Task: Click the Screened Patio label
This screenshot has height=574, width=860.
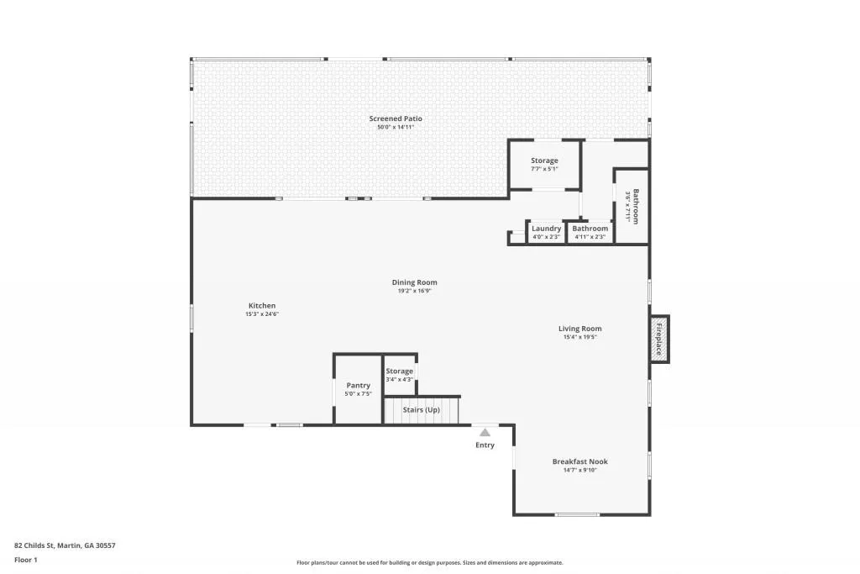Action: tap(396, 118)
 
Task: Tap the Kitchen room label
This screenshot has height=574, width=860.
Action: tap(261, 306)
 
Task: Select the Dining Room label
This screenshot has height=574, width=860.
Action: tap(414, 282)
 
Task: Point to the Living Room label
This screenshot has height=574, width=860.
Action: tap(579, 329)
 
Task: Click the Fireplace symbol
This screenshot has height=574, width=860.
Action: tap(659, 340)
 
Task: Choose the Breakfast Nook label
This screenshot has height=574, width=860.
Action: tap(579, 461)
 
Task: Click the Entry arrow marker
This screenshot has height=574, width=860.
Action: tap(485, 433)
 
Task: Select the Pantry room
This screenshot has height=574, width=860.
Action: tap(358, 389)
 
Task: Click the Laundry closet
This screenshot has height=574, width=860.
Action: tap(546, 232)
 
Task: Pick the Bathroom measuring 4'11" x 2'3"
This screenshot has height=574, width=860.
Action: tap(590, 232)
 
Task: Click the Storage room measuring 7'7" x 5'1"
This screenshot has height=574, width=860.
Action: tap(544, 164)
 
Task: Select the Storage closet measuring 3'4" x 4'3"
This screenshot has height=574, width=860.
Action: tap(400, 374)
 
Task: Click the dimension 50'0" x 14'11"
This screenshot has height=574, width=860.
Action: tap(396, 127)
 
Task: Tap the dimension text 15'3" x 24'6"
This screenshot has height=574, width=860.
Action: tap(261, 314)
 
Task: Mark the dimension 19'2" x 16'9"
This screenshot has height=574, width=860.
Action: tap(414, 291)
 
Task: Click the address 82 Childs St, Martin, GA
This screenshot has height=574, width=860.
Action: tap(65, 545)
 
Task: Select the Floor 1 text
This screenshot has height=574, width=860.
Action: tap(27, 559)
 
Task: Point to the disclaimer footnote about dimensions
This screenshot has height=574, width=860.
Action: tap(429, 563)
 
